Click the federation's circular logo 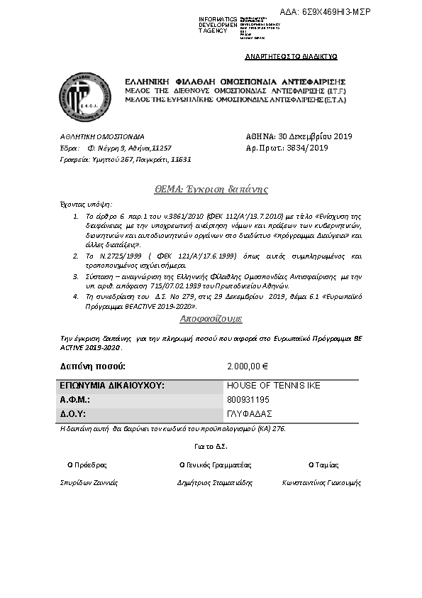85,97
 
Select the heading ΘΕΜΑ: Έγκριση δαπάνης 211,190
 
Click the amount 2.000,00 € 247,366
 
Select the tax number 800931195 248,400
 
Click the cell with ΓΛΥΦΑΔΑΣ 250,413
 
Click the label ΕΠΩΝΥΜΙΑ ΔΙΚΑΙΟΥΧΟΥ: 112,386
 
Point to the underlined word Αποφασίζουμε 211,318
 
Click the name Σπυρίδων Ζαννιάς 89,482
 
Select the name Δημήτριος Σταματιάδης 214,482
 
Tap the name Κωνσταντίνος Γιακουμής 321,482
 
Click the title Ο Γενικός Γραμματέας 216,464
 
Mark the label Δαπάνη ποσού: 93,366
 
